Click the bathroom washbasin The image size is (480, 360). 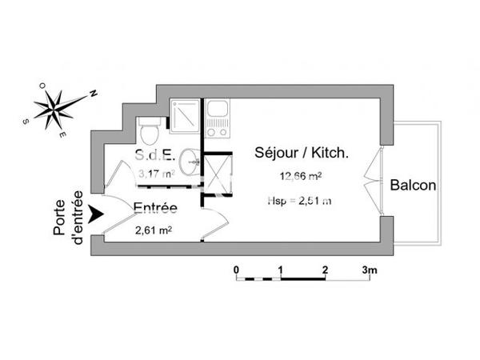tap(190, 162)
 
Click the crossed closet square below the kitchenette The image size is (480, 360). tap(216, 173)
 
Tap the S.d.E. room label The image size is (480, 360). tap(151, 154)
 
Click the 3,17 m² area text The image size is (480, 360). tap(157, 172)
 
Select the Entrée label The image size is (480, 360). tap(155, 209)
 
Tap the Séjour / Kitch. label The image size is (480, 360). tap(302, 152)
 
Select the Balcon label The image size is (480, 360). tap(413, 186)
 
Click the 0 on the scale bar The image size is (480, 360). tap(237, 270)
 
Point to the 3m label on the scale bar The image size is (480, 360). tap(370, 270)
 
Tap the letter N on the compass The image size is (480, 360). tap(93, 93)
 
